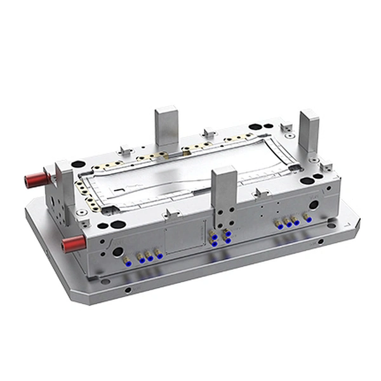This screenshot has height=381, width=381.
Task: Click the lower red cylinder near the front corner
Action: coord(72,242)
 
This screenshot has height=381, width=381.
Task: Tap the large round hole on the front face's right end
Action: coord(314,204)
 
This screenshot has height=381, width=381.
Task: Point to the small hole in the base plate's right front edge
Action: coord(319,241)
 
